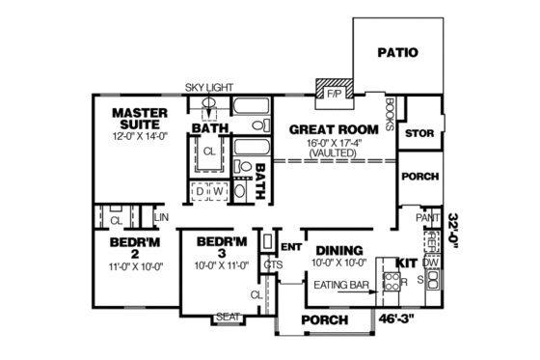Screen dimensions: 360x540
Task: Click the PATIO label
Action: (x=396, y=52)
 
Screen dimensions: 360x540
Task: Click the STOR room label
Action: (x=419, y=133)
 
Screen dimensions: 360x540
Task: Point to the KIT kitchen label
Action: (x=407, y=262)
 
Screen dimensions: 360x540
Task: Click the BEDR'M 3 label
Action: (x=223, y=246)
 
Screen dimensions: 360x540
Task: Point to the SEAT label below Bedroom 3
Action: (x=227, y=317)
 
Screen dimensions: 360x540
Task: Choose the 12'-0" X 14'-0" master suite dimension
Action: (x=141, y=138)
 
